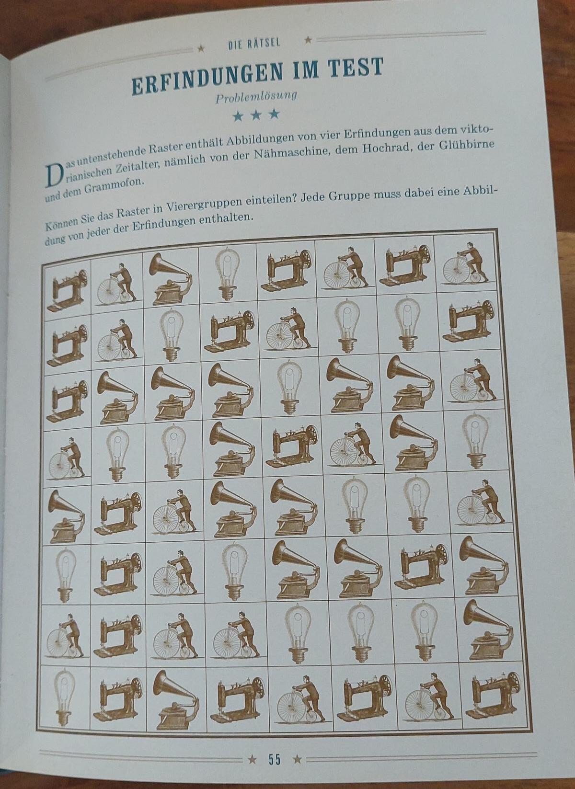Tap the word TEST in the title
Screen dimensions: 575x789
click(x=356, y=68)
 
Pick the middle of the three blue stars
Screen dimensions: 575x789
click(x=256, y=114)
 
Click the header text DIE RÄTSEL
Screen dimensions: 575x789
click(x=254, y=44)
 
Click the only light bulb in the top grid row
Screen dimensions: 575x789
click(x=227, y=274)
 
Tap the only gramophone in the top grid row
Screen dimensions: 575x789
click(x=171, y=279)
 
